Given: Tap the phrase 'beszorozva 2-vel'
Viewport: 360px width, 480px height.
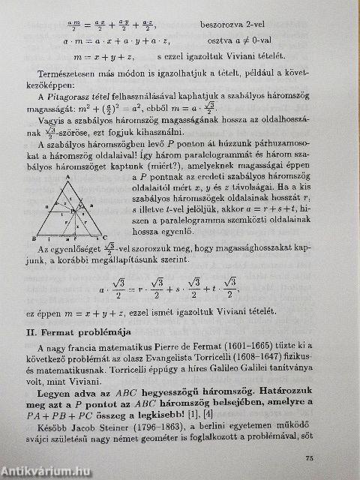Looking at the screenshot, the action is (235, 25).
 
